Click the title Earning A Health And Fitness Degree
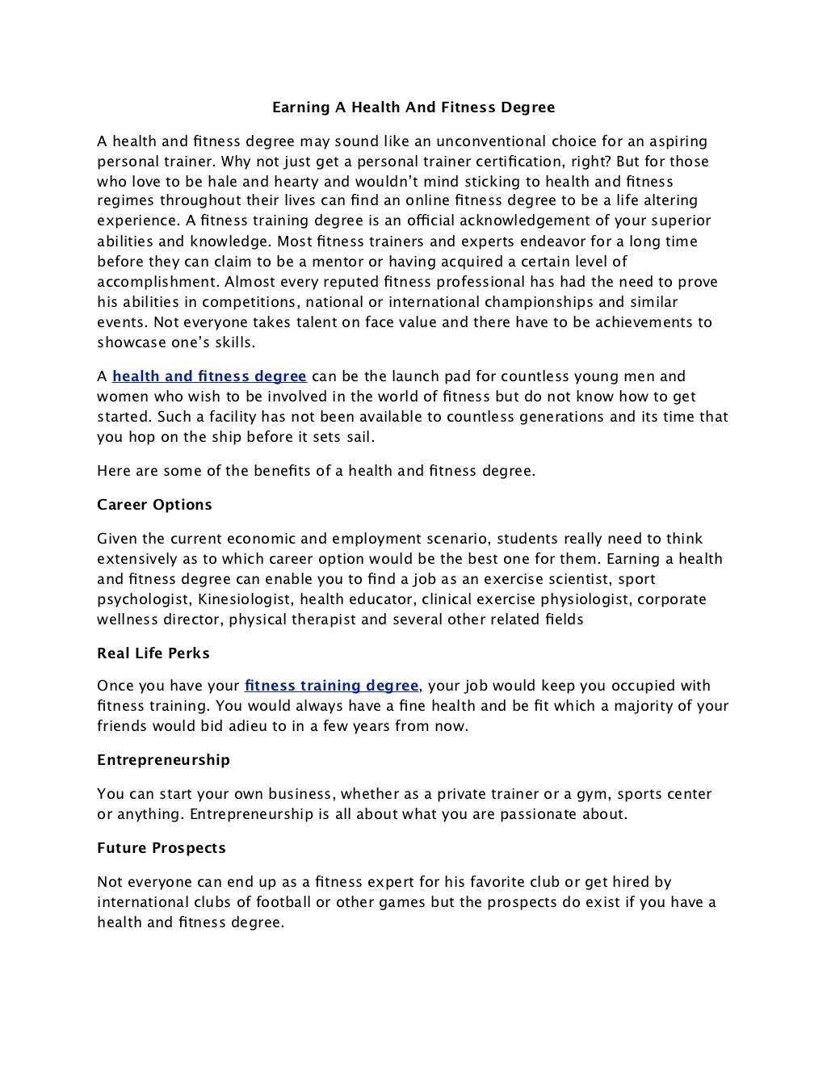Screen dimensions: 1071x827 [x=413, y=107]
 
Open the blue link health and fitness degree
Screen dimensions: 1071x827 [x=209, y=376]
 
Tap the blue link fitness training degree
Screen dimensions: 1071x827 [x=331, y=686]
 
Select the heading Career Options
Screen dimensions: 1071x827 [x=154, y=505]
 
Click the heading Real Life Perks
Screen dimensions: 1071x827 [x=153, y=653]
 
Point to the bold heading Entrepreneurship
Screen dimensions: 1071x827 [x=163, y=760]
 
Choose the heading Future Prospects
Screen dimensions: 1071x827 [x=161, y=848]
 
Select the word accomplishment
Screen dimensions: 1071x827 [x=157, y=282]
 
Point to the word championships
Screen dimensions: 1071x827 [x=542, y=302]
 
